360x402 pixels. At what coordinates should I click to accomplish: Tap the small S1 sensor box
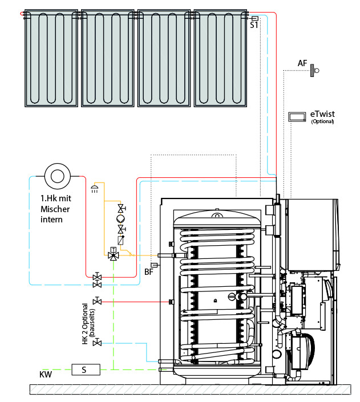click(254, 18)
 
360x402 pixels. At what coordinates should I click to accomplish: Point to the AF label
click(302, 62)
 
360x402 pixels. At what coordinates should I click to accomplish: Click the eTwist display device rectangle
click(297, 116)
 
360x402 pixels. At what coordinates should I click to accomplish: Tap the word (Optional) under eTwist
click(322, 121)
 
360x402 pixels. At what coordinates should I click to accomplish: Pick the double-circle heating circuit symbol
click(56, 175)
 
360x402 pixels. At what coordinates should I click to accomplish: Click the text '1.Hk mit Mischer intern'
click(55, 209)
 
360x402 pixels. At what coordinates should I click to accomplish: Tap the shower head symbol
click(95, 189)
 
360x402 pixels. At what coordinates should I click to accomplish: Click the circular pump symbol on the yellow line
click(121, 218)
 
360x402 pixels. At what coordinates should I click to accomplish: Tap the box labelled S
click(84, 369)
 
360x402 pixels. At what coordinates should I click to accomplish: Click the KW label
click(46, 375)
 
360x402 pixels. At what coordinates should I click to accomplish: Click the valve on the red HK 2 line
click(98, 300)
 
